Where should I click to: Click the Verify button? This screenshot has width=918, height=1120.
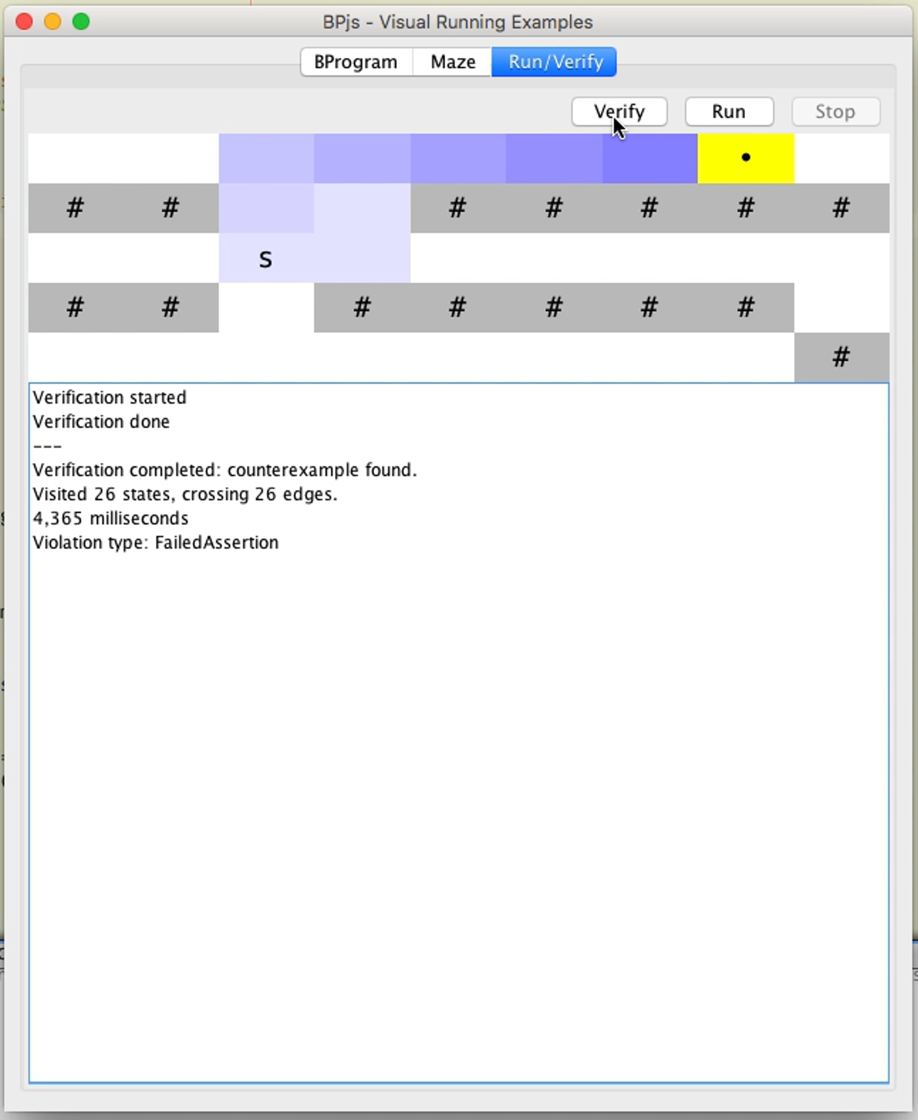click(619, 112)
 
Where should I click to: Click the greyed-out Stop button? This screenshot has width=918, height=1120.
click(835, 112)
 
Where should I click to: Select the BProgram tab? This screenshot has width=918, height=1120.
click(356, 62)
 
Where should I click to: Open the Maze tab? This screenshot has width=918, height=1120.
click(452, 62)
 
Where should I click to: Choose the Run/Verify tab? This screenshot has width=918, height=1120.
click(554, 62)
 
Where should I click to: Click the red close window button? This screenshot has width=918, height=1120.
click(24, 22)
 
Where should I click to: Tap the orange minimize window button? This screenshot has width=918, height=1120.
click(52, 22)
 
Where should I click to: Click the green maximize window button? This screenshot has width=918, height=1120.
click(81, 22)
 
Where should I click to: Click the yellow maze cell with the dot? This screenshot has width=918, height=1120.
click(745, 158)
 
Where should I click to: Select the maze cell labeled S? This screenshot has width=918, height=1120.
click(266, 258)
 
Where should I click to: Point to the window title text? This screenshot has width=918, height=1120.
click(458, 22)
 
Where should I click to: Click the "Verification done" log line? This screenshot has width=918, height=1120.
click(101, 422)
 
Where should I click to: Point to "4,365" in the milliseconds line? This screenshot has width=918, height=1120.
click(58, 519)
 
